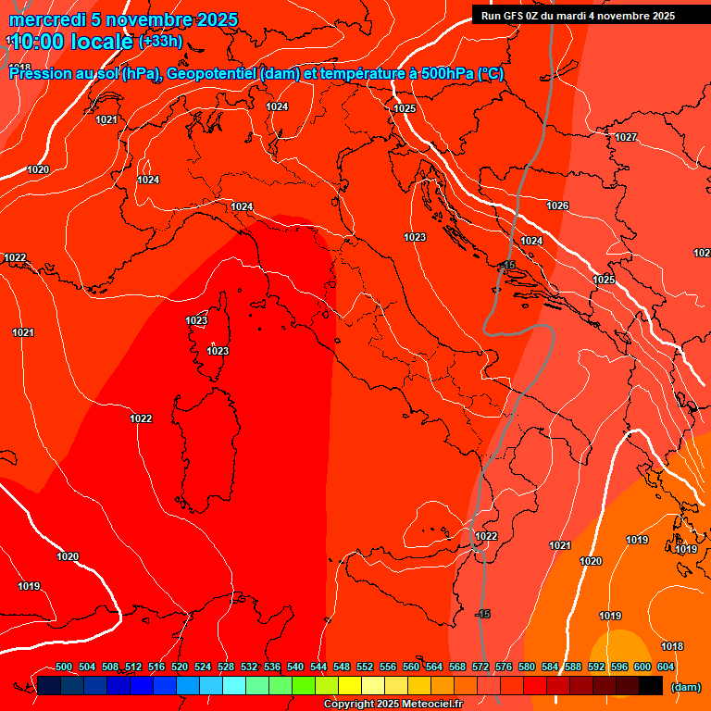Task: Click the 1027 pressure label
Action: [626, 137]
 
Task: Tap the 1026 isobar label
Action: [557, 206]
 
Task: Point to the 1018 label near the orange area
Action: [672, 646]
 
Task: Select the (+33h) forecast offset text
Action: [160, 42]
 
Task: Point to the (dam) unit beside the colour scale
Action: [685, 686]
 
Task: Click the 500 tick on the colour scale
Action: [64, 667]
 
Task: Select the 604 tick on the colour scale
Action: [666, 667]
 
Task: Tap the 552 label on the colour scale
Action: [365, 667]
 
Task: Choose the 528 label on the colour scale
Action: [226, 667]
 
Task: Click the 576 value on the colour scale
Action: [504, 667]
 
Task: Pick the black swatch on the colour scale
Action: [651, 685]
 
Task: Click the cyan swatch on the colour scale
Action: [234, 685]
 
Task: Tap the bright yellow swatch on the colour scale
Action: [349, 685]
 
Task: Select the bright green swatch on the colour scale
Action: [303, 685]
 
